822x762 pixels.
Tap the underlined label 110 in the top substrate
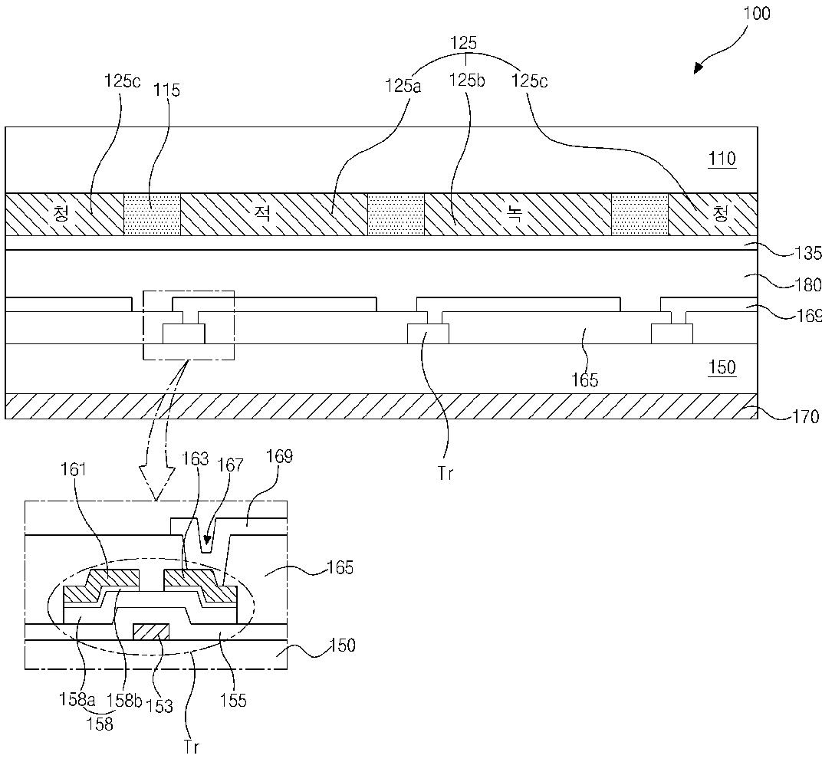click(x=722, y=158)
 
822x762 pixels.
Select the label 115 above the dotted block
click(x=166, y=90)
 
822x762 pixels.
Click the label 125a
click(x=403, y=85)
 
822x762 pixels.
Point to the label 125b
click(x=467, y=80)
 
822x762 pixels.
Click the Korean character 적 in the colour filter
click(x=262, y=213)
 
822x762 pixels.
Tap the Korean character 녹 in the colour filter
click(x=515, y=213)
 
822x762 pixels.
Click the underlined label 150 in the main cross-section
click(x=722, y=367)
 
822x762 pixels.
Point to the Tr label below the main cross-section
click(x=445, y=473)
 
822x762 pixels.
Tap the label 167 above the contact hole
click(x=232, y=465)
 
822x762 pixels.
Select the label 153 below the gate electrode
click(x=160, y=705)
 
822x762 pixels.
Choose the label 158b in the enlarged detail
click(x=124, y=700)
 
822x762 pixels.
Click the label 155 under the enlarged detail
click(x=233, y=700)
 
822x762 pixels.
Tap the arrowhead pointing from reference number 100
click(x=699, y=67)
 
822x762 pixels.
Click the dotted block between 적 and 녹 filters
click(x=396, y=215)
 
